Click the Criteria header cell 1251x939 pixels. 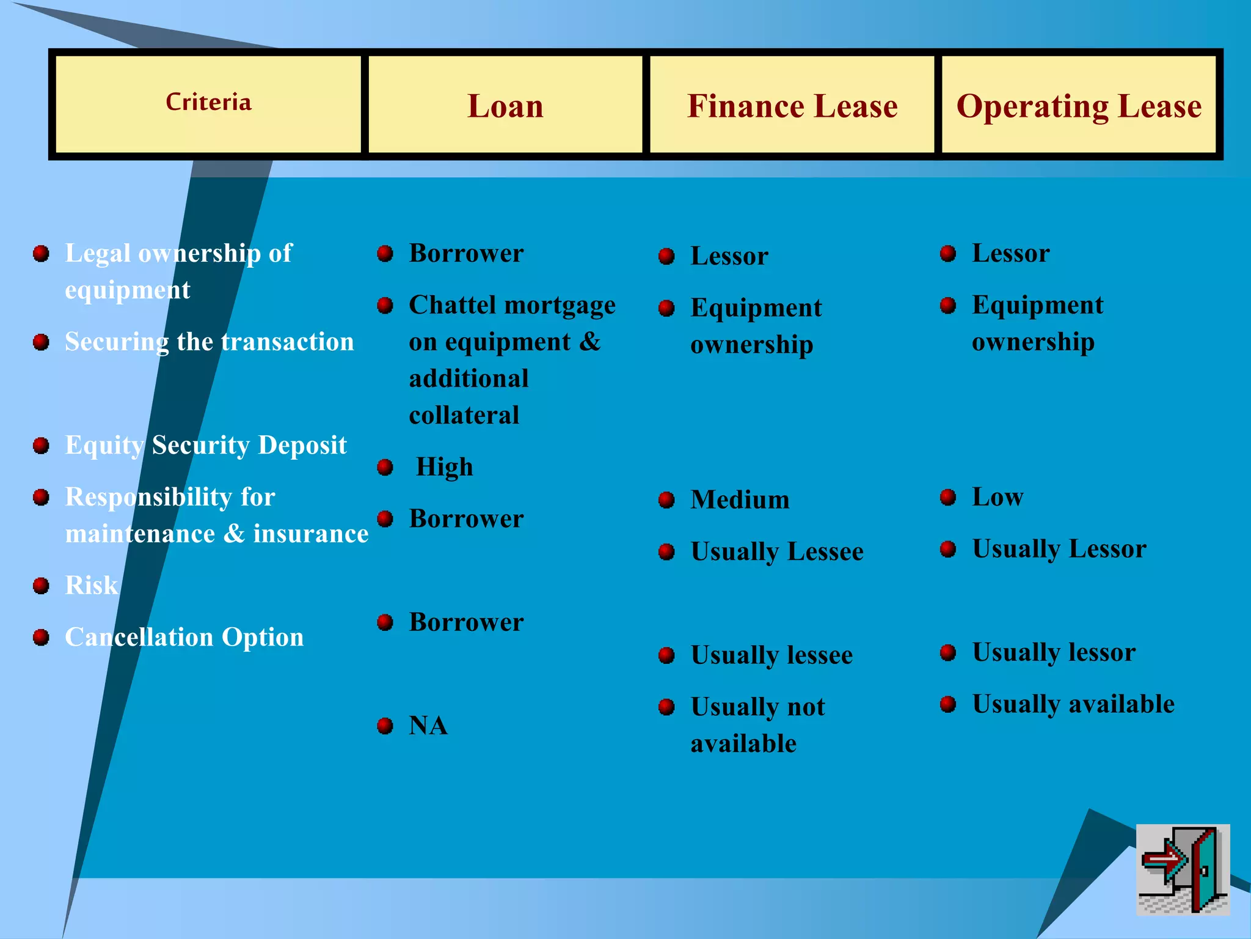[208, 103]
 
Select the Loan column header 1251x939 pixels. [505, 106]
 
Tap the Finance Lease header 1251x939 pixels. [792, 106]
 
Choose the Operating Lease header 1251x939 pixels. [1079, 106]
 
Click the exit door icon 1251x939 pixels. [1183, 869]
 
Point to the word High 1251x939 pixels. [444, 467]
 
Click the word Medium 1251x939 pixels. [740, 500]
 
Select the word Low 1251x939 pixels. [998, 497]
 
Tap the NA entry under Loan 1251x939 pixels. [428, 726]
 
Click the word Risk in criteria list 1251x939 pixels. [91, 586]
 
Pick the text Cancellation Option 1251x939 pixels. [184, 637]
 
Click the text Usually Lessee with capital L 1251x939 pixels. [777, 552]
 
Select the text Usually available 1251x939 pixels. [1073, 704]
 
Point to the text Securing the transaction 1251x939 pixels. [210, 342]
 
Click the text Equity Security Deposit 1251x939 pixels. [206, 445]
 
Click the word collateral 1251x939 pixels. [464, 416]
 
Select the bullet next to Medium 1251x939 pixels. [666, 501]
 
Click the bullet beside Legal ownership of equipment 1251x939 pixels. [41, 254]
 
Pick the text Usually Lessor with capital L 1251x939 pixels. [1059, 549]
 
